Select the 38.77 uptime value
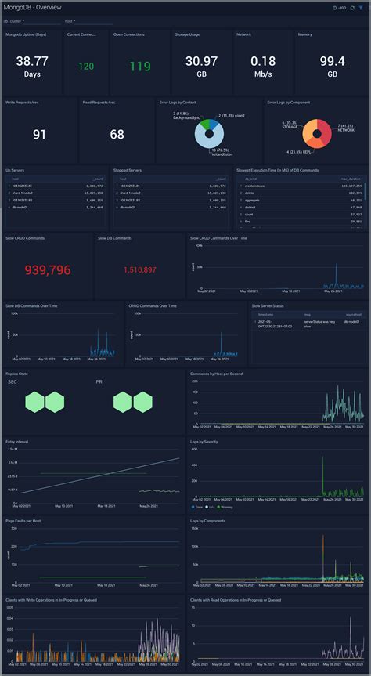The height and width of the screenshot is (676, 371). click(32, 60)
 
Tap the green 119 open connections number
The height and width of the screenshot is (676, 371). click(140, 67)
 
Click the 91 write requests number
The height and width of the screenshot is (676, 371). click(39, 135)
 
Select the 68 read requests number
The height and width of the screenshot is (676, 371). click(117, 135)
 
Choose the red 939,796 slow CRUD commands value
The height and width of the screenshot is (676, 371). click(48, 269)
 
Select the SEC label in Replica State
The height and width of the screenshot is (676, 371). click(13, 381)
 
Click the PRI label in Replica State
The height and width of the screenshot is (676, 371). click(99, 381)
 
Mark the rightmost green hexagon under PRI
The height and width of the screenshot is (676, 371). click(142, 403)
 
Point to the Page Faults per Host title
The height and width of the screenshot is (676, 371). click(24, 519)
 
